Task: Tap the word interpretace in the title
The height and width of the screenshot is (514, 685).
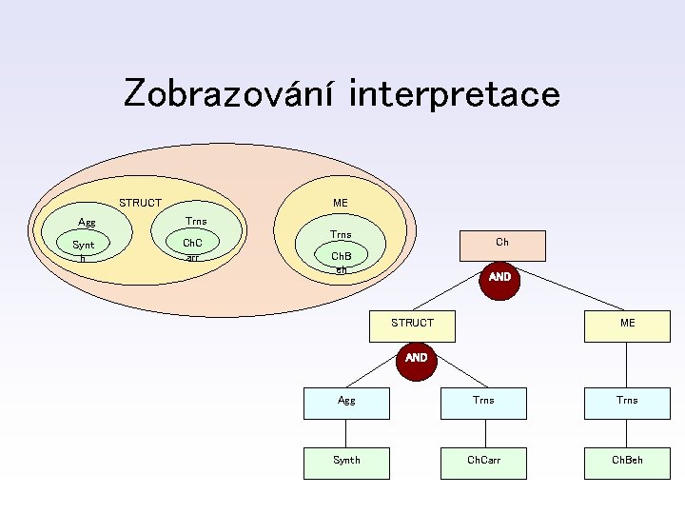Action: (x=455, y=93)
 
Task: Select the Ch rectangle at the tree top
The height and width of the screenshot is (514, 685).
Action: (x=501, y=245)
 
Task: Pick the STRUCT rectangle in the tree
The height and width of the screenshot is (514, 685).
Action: (x=412, y=324)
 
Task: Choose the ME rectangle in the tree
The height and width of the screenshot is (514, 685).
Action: (x=627, y=324)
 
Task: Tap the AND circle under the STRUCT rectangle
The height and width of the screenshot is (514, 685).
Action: (x=416, y=359)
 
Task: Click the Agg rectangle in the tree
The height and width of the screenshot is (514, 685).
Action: (x=346, y=403)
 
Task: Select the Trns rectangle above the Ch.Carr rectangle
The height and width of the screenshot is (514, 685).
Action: (x=483, y=403)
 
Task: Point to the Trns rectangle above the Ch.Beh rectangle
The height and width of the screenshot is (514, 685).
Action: (x=627, y=403)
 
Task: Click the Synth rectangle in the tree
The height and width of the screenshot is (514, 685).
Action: (x=346, y=461)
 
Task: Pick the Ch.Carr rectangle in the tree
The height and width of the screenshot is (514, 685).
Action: (x=483, y=461)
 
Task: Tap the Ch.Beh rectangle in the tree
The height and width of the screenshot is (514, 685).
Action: (x=627, y=461)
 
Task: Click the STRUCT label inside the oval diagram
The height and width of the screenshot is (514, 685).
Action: (x=140, y=203)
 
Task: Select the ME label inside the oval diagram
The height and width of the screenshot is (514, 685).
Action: (x=340, y=203)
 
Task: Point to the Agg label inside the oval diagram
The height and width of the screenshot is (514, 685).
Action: (x=87, y=223)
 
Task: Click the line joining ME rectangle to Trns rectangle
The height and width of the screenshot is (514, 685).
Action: (x=627, y=363)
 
